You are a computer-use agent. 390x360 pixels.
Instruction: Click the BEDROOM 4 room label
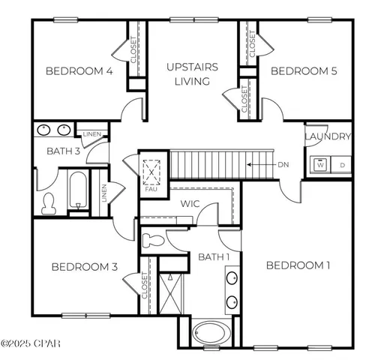(79, 72)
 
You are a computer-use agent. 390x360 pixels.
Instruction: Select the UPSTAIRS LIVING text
(192, 73)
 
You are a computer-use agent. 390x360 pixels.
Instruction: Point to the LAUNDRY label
(328, 136)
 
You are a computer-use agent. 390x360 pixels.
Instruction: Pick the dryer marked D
(342, 164)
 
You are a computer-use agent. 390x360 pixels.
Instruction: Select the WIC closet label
(189, 203)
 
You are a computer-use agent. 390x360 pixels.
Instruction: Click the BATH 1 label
(213, 258)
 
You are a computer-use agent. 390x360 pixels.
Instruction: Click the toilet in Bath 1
(152, 241)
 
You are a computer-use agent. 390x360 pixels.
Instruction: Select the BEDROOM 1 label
(298, 265)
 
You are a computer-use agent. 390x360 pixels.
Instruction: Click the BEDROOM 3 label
(83, 267)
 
